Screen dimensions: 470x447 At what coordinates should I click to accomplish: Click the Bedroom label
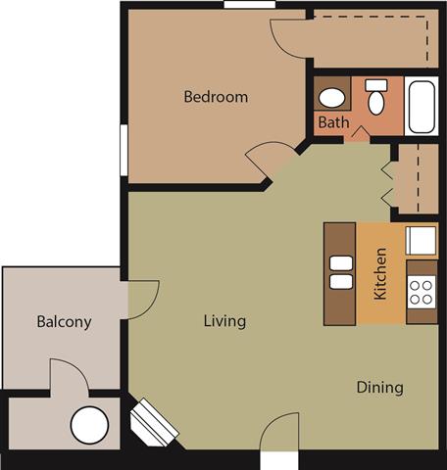click(216, 97)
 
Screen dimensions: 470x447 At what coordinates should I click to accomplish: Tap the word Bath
click(332, 123)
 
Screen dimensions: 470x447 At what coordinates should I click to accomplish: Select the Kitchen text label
click(380, 273)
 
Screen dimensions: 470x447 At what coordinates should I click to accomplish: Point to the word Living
click(224, 321)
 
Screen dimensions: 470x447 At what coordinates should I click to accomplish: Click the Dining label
click(379, 387)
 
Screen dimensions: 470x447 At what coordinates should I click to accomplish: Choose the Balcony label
click(64, 321)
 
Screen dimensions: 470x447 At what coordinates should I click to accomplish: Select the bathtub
click(423, 106)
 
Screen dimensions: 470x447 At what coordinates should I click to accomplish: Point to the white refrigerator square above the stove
click(422, 241)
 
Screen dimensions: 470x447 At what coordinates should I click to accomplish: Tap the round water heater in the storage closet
click(88, 426)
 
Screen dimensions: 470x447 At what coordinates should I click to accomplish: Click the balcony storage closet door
click(67, 375)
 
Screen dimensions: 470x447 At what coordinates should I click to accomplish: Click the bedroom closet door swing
click(290, 38)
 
